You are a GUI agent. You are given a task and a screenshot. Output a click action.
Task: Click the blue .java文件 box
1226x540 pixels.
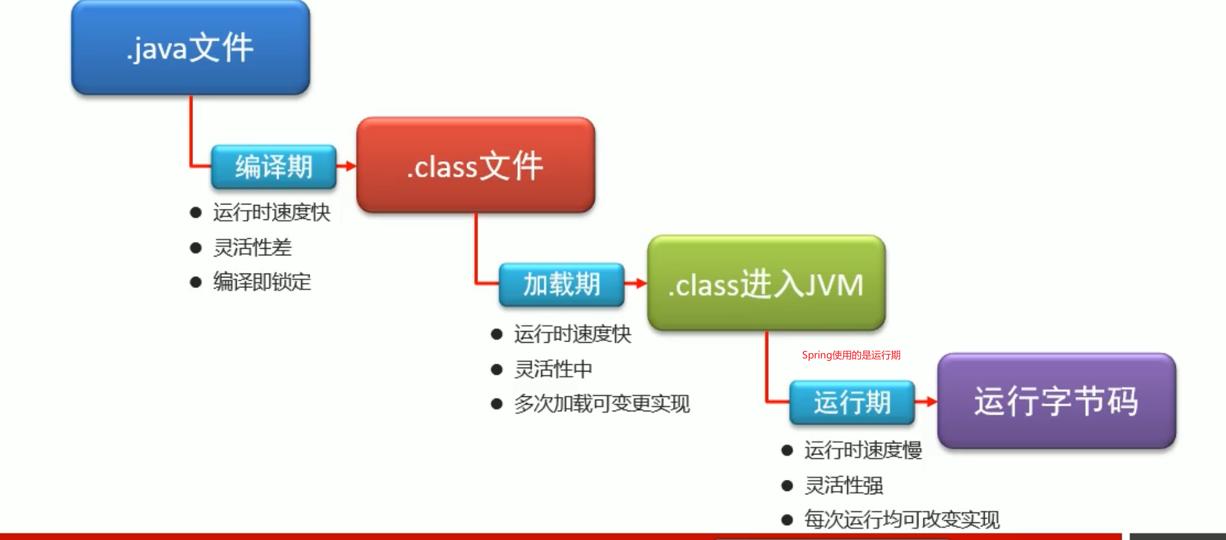pos(190,48)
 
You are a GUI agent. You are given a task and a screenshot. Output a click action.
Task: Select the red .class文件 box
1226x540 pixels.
pos(476,165)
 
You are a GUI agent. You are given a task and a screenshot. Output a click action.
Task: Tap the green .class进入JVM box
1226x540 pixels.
pos(766,283)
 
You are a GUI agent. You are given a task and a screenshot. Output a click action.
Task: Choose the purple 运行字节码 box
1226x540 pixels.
pos(1056,401)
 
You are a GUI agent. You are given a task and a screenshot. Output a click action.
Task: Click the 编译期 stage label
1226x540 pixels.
pos(274,167)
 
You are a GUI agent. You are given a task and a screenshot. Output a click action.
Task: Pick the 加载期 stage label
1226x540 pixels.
pos(561,284)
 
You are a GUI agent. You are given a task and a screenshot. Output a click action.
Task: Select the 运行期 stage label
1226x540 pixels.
pos(852,402)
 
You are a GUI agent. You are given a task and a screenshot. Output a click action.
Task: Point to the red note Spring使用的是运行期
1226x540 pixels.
pos(851,355)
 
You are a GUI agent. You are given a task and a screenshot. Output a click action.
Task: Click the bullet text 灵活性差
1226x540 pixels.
pos(252,247)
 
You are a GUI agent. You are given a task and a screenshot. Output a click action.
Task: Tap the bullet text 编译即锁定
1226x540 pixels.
pos(262,282)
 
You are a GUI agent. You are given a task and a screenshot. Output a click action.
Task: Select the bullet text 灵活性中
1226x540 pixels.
pos(553,369)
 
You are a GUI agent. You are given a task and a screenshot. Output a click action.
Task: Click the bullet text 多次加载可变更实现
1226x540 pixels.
pos(602,404)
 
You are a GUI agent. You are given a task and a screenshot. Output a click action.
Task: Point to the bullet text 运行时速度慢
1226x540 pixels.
pos(863,450)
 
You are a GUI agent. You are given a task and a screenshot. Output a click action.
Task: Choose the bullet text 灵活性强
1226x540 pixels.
pos(844,485)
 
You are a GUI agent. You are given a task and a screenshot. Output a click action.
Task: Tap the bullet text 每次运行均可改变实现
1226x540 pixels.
pos(902,520)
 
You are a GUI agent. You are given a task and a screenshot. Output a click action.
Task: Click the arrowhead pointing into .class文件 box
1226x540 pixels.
pos(351,166)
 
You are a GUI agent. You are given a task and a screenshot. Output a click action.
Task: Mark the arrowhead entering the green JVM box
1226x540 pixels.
pos(642,283)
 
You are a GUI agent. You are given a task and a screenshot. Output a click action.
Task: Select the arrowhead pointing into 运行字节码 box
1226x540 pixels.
pos(932,402)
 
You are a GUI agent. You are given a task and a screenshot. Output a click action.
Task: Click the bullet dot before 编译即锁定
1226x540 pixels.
pos(196,282)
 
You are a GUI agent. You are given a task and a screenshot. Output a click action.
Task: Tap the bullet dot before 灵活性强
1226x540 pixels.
pos(787,486)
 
